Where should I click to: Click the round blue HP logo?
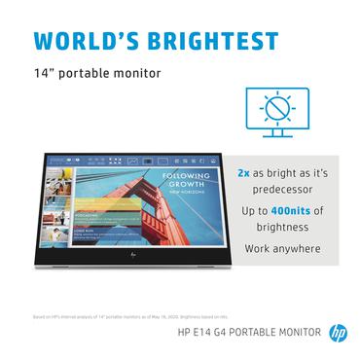[x=337, y=332]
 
